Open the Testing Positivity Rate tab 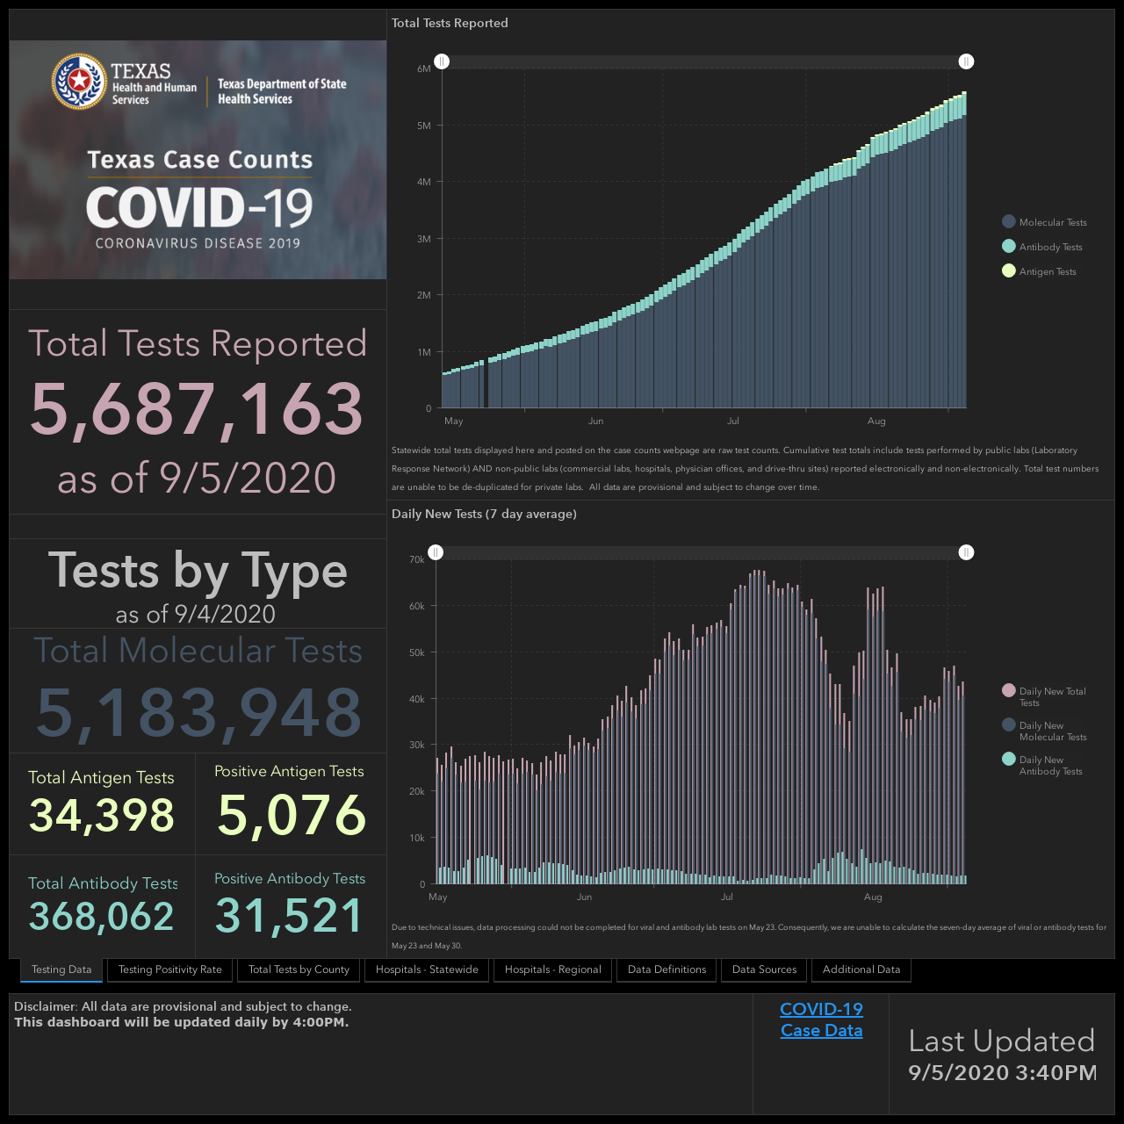[169, 969]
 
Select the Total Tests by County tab [299, 969]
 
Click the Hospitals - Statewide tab [427, 969]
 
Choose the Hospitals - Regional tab [552, 969]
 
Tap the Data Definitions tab [666, 969]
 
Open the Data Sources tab [764, 969]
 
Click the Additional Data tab [861, 969]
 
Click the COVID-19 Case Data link [821, 1020]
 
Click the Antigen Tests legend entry [1039, 271]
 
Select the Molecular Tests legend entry [1044, 222]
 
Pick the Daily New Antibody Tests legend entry [1042, 765]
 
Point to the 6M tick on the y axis [424, 68]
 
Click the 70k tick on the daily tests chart [417, 559]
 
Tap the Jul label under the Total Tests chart [732, 421]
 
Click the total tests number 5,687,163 [197, 408]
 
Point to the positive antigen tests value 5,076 [291, 815]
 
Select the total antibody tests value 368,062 [102, 916]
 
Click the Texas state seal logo [79, 81]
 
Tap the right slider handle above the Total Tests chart [966, 61]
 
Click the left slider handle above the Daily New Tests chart [436, 552]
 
